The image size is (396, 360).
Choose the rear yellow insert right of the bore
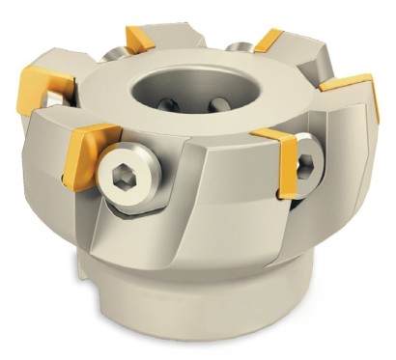tap(267, 41)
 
